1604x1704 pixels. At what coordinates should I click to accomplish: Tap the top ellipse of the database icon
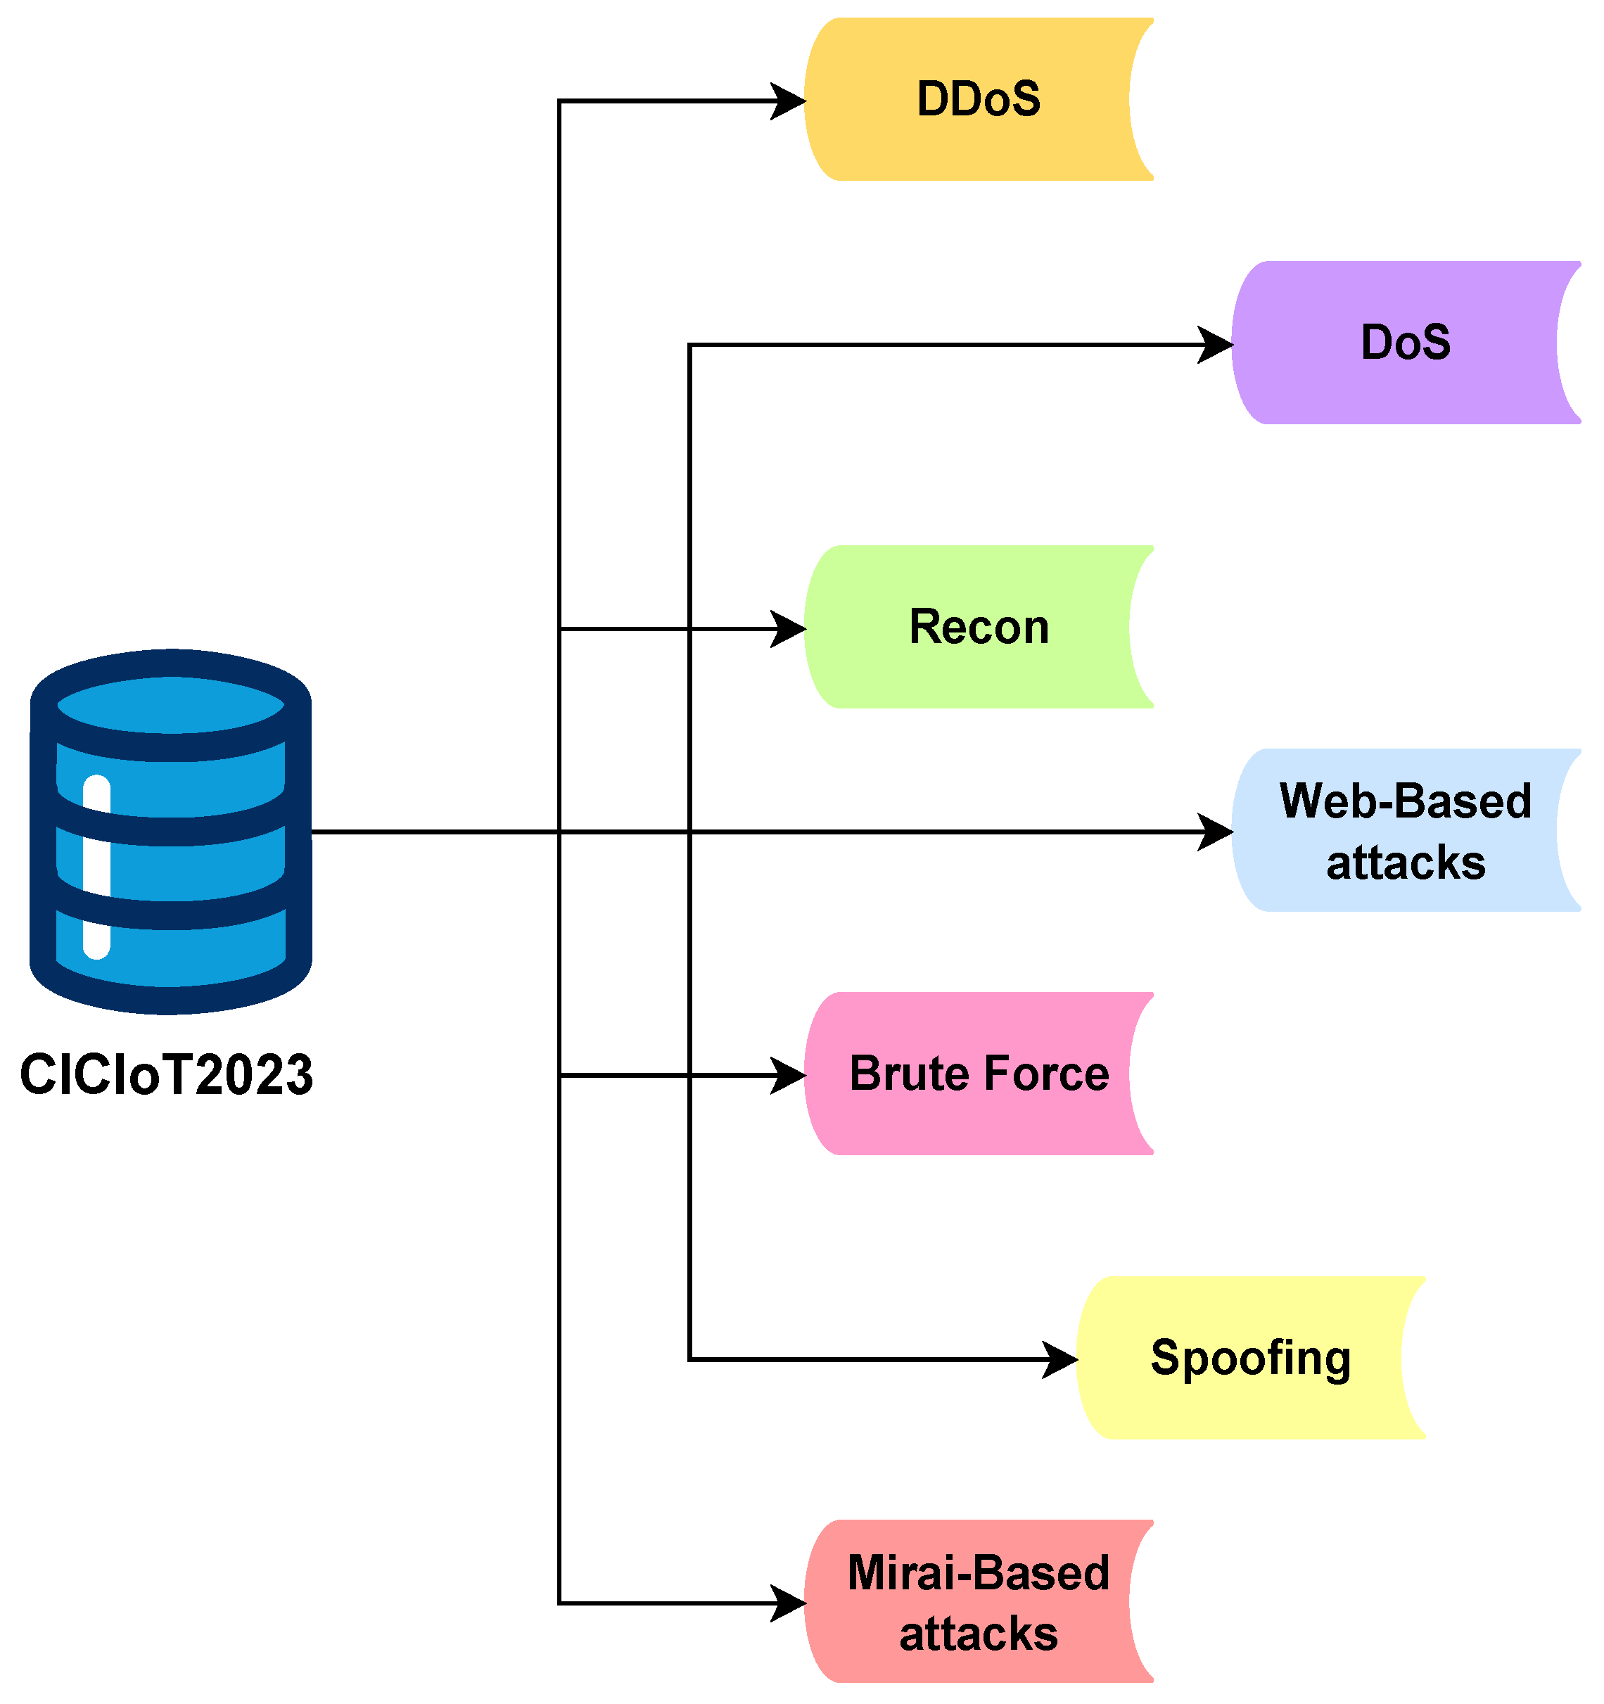click(171, 704)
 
